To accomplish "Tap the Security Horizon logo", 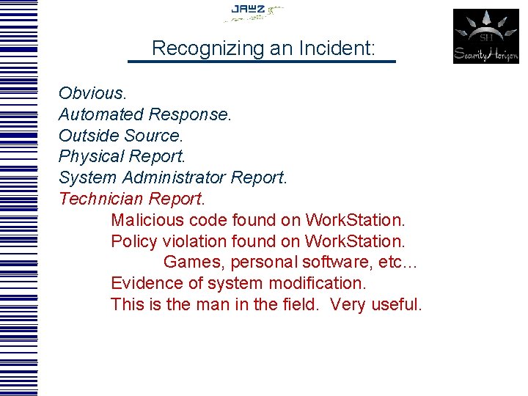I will click(x=485, y=36).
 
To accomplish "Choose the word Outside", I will click(x=89, y=136).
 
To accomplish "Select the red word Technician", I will click(x=100, y=199).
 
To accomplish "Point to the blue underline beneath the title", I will click(x=261, y=62).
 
